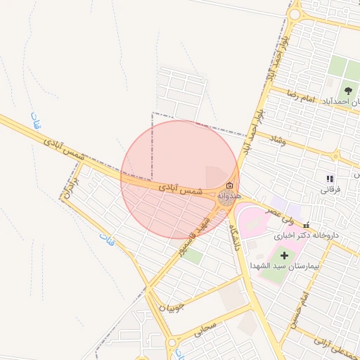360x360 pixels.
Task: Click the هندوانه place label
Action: [230, 195]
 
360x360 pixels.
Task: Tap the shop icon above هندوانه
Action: [229, 184]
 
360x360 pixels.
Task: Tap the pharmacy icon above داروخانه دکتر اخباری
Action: [306, 225]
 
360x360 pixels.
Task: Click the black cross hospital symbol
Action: [284, 254]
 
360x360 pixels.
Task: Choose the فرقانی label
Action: [330, 189]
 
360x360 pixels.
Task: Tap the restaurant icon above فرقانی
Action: [330, 179]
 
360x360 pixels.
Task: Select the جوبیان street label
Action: [172, 307]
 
